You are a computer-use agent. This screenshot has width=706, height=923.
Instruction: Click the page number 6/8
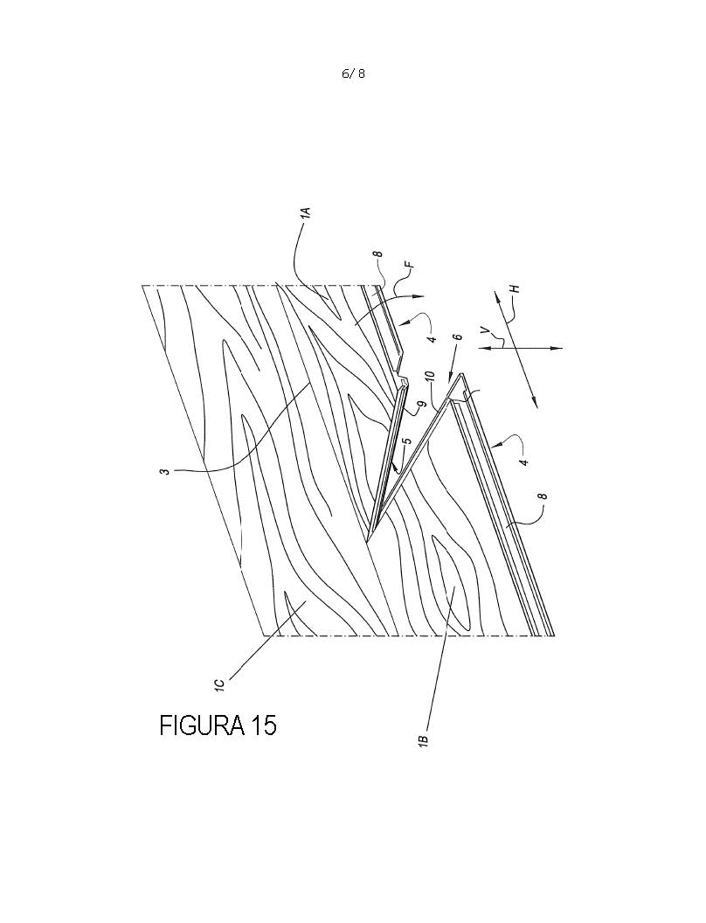pos(354,73)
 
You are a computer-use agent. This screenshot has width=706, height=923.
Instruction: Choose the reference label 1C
pos(218,685)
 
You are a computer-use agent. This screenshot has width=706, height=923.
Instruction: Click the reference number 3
pos(167,471)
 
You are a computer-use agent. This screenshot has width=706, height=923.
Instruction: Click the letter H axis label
pos(516,289)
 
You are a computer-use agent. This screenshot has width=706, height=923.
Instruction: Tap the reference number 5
pos(406,440)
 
